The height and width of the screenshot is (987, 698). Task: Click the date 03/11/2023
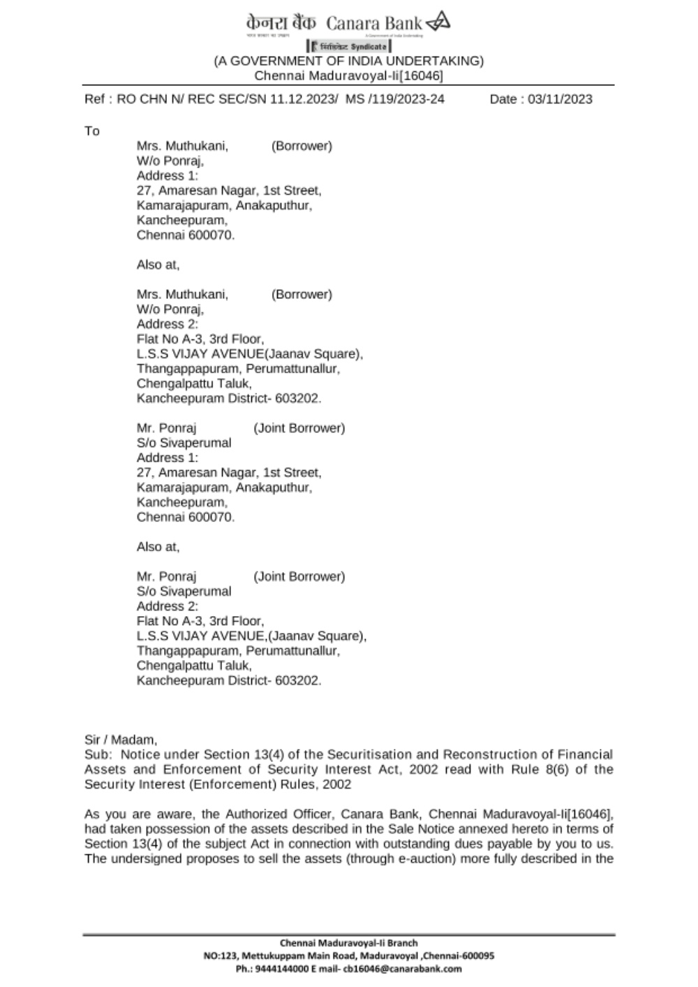coord(560,99)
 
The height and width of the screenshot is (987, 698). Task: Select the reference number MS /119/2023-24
coord(395,99)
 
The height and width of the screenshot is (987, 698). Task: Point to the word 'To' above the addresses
coord(92,131)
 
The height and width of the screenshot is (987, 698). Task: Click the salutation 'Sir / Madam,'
coord(121,740)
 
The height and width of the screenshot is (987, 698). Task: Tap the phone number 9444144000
coord(279,969)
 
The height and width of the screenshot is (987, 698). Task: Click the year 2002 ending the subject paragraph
coord(337,784)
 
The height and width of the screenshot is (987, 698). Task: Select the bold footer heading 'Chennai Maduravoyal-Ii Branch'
coord(349,943)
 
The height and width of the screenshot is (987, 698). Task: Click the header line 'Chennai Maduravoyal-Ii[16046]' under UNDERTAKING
coord(349,75)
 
